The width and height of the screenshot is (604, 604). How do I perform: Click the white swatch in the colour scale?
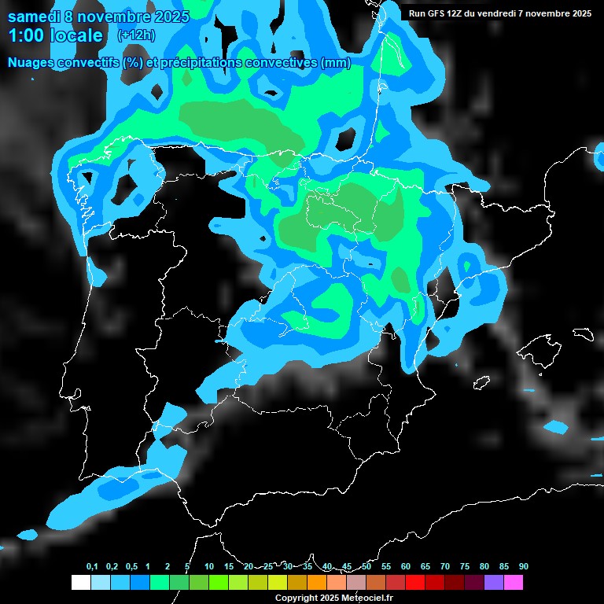pos(80,582)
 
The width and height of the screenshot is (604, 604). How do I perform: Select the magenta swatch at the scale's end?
pos(514,582)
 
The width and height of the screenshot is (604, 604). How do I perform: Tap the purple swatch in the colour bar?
pos(494,582)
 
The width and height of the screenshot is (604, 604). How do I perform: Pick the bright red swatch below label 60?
pos(415,582)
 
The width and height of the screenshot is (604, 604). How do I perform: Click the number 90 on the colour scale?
pos(524,567)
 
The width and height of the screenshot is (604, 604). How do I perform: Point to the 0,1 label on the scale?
pos(92,567)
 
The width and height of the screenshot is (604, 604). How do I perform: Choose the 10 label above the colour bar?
pos(209,567)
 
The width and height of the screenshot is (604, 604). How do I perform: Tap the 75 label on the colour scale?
pos(465,567)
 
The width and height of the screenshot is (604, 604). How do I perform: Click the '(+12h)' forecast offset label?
pos(135,35)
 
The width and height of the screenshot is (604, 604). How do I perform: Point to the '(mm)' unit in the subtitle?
pos(336,63)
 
